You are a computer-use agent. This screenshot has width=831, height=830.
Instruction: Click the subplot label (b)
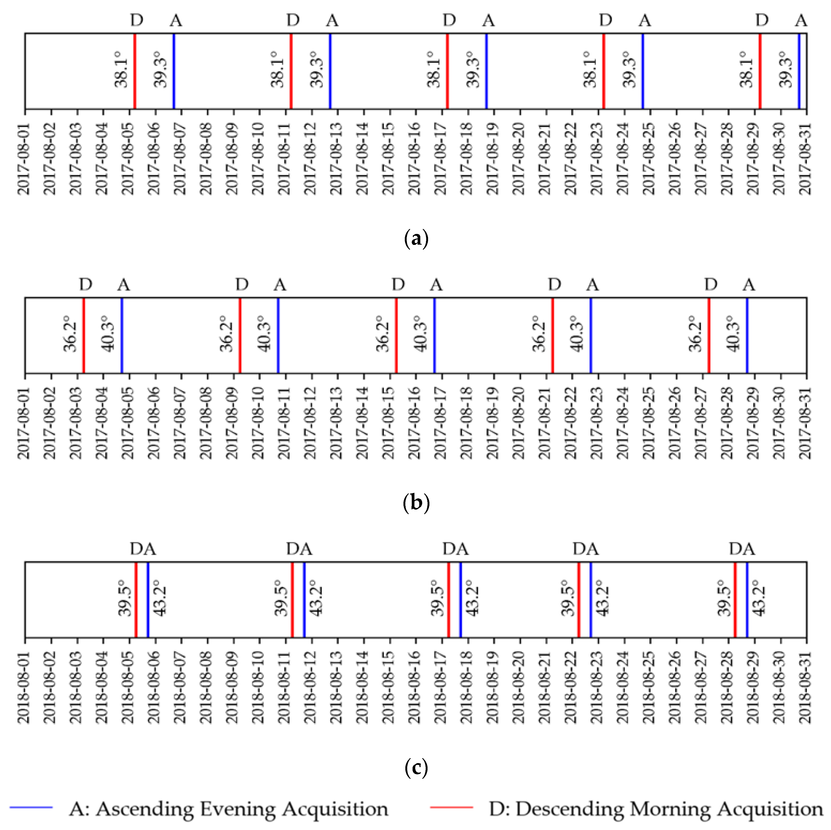coord(416,503)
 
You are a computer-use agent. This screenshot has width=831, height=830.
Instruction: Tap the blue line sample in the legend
coord(31,808)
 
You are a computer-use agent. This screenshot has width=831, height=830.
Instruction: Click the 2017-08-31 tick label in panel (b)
coord(805,424)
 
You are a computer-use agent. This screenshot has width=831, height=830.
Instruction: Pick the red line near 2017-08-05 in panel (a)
coord(135,71)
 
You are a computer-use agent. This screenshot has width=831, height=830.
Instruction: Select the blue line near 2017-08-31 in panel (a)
coord(799,71)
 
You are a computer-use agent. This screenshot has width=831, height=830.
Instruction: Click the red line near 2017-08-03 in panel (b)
coord(84,335)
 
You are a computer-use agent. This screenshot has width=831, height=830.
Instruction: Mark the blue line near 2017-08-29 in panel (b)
coord(747,335)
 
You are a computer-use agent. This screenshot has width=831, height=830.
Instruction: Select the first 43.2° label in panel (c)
coord(160,598)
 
